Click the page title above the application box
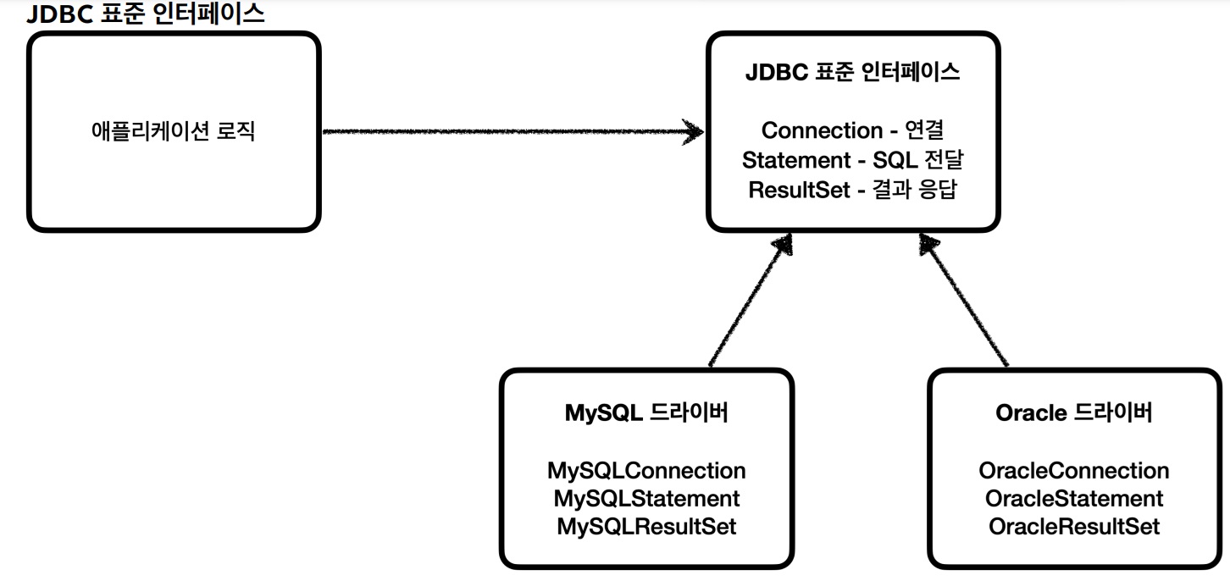click(x=146, y=14)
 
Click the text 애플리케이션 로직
click(x=173, y=132)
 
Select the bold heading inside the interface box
click(x=852, y=72)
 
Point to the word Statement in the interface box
click(x=795, y=160)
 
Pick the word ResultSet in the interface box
click(x=799, y=190)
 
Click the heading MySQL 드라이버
click(x=646, y=413)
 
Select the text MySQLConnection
click(x=646, y=471)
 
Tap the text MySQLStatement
click(x=646, y=499)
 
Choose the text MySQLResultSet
click(x=646, y=527)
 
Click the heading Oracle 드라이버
click(x=1073, y=413)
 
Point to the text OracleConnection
click(x=1073, y=471)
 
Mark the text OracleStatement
click(x=1073, y=499)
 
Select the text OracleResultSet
click(x=1073, y=527)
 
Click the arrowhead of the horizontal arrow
click(x=695, y=131)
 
